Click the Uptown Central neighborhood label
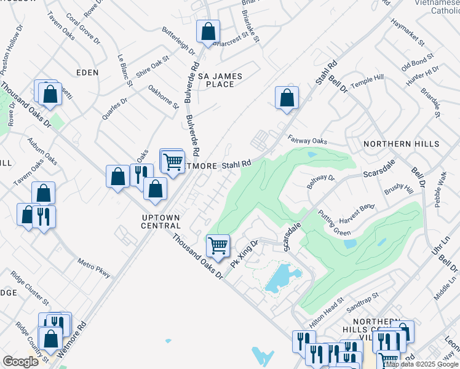coord(161,221)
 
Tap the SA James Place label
coord(220,80)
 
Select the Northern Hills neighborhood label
coord(402,144)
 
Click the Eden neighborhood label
coord(87,73)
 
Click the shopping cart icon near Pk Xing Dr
coord(218,245)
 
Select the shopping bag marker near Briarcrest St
coord(208,31)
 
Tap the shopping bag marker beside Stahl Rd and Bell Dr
coord(287,97)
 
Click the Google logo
coord(21,362)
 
